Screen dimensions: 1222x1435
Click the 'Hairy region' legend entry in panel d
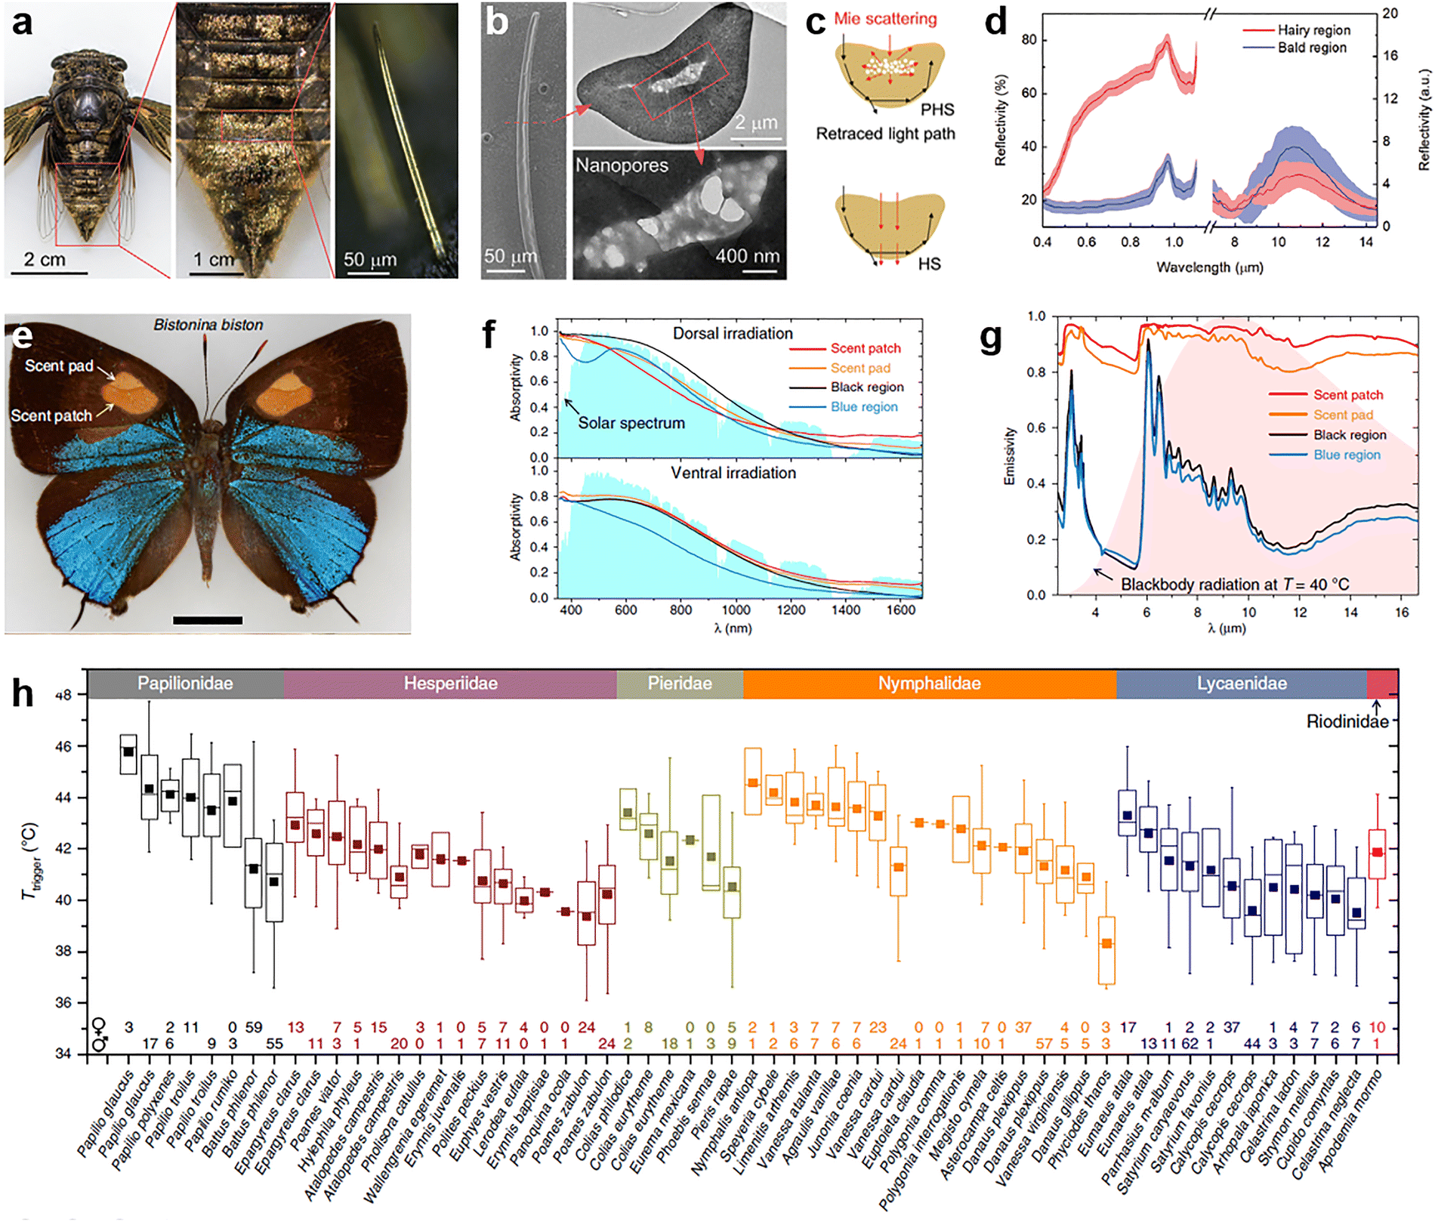[1313, 30]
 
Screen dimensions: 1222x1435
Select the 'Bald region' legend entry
[1311, 48]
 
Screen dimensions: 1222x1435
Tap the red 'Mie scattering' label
[885, 19]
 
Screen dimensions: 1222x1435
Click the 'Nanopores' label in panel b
[622, 165]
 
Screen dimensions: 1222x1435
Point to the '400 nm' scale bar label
[747, 256]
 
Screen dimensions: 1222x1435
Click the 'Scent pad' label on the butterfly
[59, 366]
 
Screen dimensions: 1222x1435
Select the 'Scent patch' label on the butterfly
[51, 415]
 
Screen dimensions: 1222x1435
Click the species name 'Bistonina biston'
[208, 325]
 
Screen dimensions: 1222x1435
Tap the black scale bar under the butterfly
[208, 621]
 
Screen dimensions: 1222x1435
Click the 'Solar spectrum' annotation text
[631, 423]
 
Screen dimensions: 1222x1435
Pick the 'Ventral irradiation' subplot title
[733, 473]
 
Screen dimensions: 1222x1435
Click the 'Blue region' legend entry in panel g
[1347, 455]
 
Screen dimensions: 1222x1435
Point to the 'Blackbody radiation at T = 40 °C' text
[1234, 585]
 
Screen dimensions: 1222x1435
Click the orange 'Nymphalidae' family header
[929, 684]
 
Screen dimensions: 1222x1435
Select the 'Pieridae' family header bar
[680, 684]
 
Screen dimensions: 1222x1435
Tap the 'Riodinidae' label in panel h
[1347, 721]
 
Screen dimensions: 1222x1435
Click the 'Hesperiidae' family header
[450, 684]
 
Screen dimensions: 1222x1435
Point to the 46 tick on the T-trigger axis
[66, 747]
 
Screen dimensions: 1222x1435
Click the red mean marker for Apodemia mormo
[1377, 853]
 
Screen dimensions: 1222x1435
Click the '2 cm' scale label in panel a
[44, 260]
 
